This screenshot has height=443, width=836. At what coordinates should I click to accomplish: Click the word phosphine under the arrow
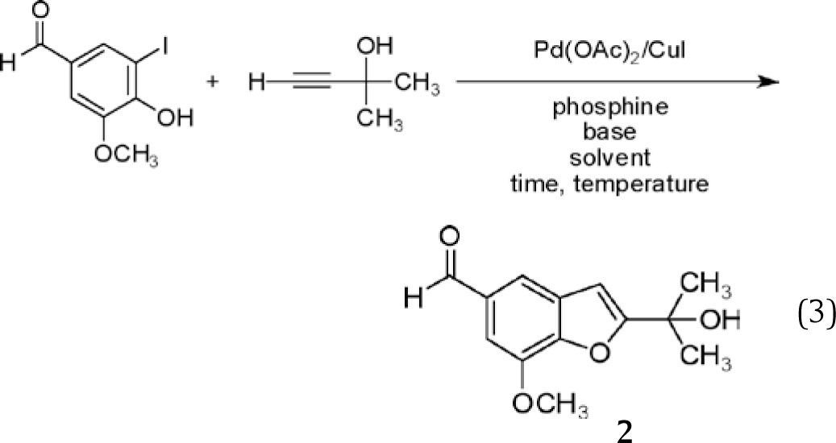tap(610, 109)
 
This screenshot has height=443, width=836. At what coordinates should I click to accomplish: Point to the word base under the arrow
tap(610, 130)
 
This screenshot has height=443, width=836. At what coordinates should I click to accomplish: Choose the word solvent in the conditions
tap(610, 155)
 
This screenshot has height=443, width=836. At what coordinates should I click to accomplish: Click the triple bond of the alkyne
tap(307, 83)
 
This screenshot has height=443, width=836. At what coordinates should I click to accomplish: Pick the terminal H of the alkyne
tap(254, 83)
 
